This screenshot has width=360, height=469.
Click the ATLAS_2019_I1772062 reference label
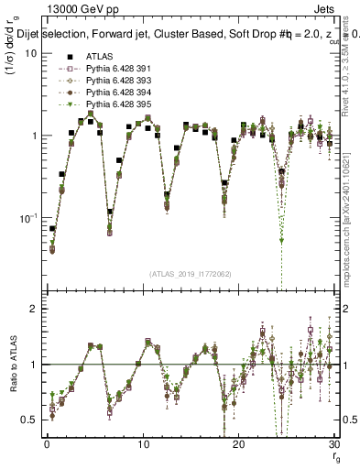tap(190, 274)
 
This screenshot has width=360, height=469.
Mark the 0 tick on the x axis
tap(46, 444)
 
